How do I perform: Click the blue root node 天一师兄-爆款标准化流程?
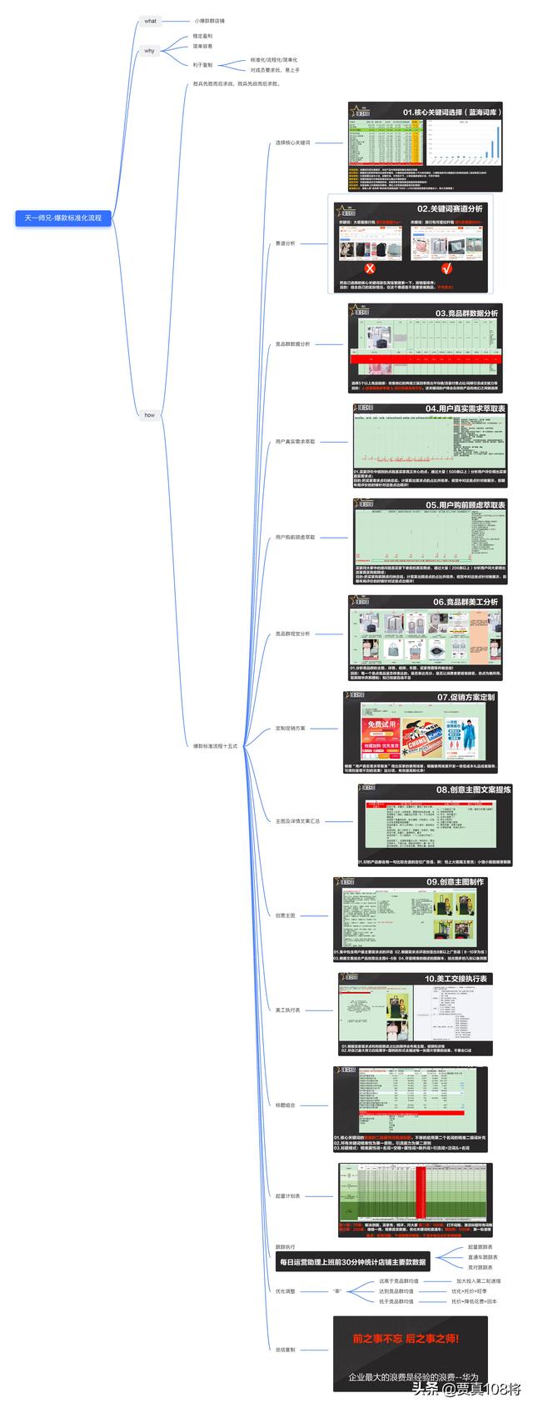click(62, 218)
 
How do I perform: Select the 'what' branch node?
click(150, 21)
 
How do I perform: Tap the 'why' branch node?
click(149, 51)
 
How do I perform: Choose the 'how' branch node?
click(149, 414)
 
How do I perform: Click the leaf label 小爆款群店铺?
click(209, 21)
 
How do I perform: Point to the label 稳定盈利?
click(202, 37)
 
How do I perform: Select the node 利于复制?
click(202, 65)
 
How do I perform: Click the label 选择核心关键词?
click(292, 143)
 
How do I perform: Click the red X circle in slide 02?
click(371, 268)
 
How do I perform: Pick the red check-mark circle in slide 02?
click(446, 268)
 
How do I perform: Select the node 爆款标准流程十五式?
click(216, 746)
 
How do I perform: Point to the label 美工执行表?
click(288, 1010)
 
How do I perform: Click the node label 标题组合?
click(285, 1105)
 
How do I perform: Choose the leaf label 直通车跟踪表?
click(482, 1256)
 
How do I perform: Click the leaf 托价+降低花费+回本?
click(475, 1300)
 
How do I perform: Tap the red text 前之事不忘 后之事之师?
click(405, 1339)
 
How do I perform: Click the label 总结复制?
click(285, 1349)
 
